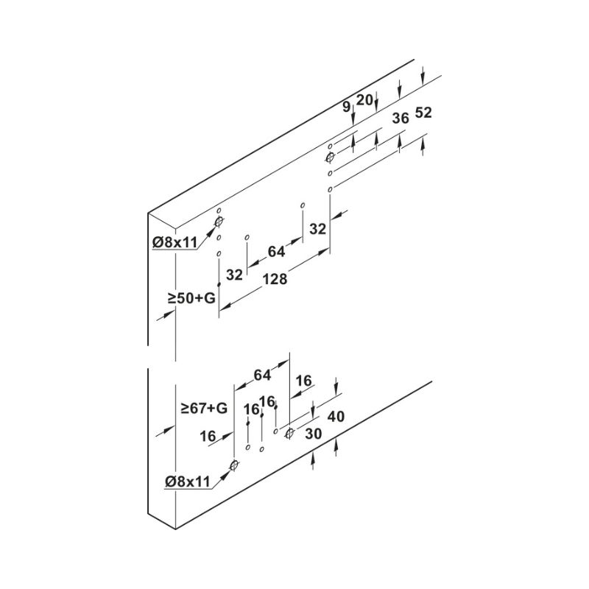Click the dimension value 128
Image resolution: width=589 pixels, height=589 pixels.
tap(275, 280)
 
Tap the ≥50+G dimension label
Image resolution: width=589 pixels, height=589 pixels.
tap(191, 298)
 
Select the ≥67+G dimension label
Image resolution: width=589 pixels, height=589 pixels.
tap(204, 408)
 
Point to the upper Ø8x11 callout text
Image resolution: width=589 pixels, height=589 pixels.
tap(175, 243)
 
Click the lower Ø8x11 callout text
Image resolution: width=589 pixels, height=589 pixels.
tap(188, 482)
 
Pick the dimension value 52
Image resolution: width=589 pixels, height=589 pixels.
tap(423, 113)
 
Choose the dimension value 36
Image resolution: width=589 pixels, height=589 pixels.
tap(400, 119)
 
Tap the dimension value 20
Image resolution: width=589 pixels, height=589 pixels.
tap(364, 100)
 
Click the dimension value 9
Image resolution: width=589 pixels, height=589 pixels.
tap(346, 107)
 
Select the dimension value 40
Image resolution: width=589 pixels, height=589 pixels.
tap(336, 417)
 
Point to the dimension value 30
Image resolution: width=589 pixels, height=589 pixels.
tap(314, 434)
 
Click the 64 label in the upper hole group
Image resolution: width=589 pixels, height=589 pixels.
tap(276, 252)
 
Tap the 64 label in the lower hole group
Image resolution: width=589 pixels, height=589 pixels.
tap(262, 375)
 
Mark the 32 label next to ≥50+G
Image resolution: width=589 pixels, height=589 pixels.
tap(234, 275)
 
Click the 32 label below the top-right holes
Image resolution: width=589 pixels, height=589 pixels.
tap(318, 229)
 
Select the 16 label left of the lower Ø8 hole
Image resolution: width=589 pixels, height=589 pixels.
tap(208, 437)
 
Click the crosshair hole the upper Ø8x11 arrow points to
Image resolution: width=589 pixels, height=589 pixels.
tap(219, 222)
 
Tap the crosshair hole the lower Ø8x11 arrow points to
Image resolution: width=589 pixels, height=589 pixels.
tap(234, 466)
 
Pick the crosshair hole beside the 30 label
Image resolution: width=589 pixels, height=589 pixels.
tap(289, 434)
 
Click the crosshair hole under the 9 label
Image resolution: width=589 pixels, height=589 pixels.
tap(330, 158)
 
